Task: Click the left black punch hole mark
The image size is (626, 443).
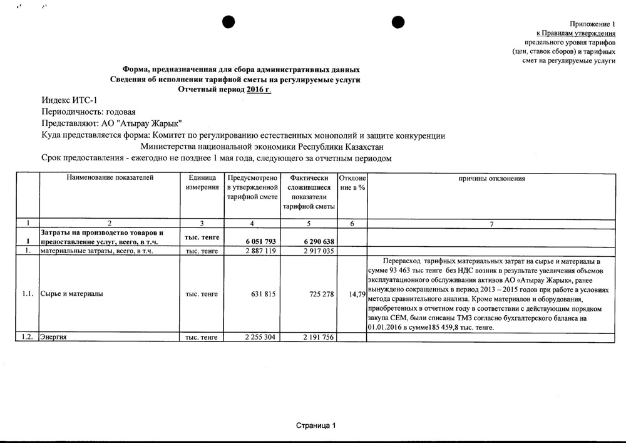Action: (228, 21)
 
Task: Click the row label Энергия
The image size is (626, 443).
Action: (54, 337)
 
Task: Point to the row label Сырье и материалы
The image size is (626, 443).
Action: (69, 293)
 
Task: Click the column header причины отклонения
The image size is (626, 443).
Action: (491, 179)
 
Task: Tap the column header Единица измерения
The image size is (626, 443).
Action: (201, 183)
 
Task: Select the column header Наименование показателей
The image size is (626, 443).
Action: (110, 178)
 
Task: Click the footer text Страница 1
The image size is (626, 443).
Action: (316, 425)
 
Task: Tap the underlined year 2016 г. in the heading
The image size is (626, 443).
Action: (260, 90)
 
